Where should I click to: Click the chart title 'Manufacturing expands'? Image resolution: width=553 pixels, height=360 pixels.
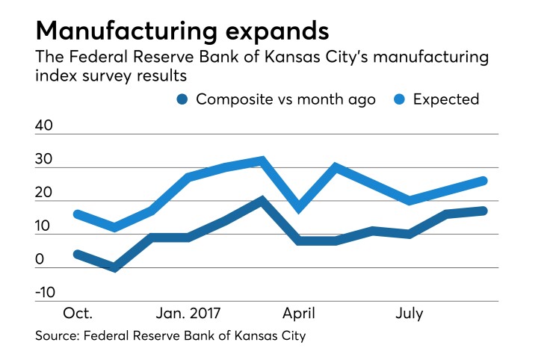(x=182, y=31)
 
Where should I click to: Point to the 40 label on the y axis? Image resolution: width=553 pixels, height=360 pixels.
(x=44, y=126)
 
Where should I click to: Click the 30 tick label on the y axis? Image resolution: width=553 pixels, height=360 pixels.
(x=44, y=160)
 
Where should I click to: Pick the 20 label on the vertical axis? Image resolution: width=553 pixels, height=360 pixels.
(x=44, y=193)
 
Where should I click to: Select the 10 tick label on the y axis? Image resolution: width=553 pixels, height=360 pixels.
(x=44, y=226)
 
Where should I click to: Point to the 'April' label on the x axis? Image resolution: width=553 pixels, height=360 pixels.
(x=300, y=314)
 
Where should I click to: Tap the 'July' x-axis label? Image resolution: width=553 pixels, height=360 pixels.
(x=409, y=314)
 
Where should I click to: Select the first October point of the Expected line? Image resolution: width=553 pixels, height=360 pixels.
(x=77, y=214)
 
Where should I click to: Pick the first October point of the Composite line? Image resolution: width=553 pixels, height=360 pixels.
(x=77, y=254)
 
